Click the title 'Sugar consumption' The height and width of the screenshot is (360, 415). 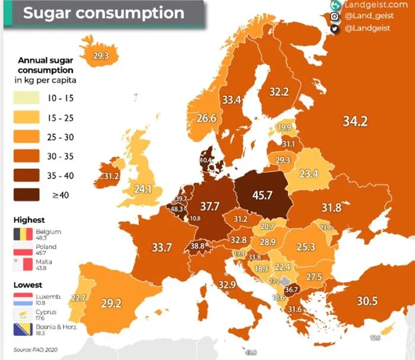tap(104, 12)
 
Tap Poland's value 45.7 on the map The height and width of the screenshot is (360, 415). tap(264, 195)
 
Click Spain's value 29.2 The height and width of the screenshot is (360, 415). tap(111, 302)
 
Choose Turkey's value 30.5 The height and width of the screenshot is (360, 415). tap(367, 301)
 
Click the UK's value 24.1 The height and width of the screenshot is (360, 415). tap(142, 190)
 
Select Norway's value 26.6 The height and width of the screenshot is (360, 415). tap(206, 119)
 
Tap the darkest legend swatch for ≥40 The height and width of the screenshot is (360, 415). tap(27, 194)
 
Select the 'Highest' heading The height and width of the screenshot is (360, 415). tap(29, 220)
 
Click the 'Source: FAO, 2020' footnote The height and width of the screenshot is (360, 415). tap(33, 349)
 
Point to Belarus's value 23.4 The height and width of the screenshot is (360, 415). tap(308, 174)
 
